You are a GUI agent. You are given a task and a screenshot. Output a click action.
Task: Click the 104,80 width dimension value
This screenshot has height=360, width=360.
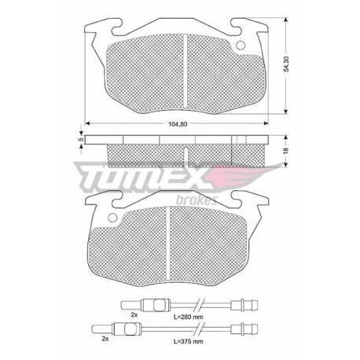coord(178,124)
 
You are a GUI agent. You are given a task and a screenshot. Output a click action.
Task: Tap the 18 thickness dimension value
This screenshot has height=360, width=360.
coord(286,150)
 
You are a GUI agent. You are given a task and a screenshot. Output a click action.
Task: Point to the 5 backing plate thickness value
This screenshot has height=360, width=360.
coord(81,139)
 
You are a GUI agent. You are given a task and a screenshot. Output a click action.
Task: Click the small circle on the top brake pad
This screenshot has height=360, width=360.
coord(241,46)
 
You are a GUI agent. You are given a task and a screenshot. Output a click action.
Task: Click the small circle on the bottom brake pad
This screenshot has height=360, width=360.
coord(112,218)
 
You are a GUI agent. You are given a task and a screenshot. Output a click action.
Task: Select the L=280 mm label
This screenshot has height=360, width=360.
coord(188,317)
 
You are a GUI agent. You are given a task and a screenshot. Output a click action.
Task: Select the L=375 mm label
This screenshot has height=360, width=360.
coord(188,341)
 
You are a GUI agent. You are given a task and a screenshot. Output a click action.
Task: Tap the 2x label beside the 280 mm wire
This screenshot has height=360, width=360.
coord(134,315)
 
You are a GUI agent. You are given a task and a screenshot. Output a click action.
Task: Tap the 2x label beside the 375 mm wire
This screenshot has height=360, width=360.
coord(105,339)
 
